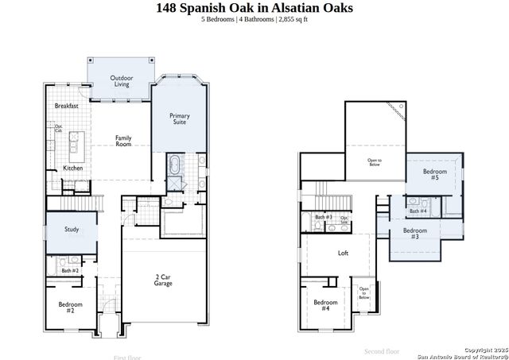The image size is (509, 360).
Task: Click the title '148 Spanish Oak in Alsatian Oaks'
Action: pyautogui.click(x=254, y=9)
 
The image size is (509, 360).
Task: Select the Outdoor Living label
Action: pyautogui.click(x=122, y=80)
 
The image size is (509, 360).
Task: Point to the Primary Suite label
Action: pyautogui.click(x=181, y=119)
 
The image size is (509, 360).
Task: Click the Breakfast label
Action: pyautogui.click(x=66, y=106)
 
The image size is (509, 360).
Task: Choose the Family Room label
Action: pyautogui.click(x=123, y=141)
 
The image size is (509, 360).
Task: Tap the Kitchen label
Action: pyautogui.click(x=73, y=168)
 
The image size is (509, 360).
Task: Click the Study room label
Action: pyautogui.click(x=72, y=230)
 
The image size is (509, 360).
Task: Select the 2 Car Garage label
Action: pyautogui.click(x=163, y=280)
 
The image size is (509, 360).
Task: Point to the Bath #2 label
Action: pyautogui.click(x=70, y=271)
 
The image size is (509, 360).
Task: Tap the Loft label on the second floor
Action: pyautogui.click(x=343, y=254)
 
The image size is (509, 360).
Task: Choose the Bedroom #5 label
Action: pyautogui.click(x=434, y=175)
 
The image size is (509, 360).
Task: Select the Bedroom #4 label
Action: pyautogui.click(x=325, y=305)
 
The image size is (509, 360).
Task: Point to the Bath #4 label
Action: pyautogui.click(x=418, y=211)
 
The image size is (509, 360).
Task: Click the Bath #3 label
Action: pyautogui.click(x=323, y=217)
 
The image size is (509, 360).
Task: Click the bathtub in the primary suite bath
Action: pyautogui.click(x=174, y=167)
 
